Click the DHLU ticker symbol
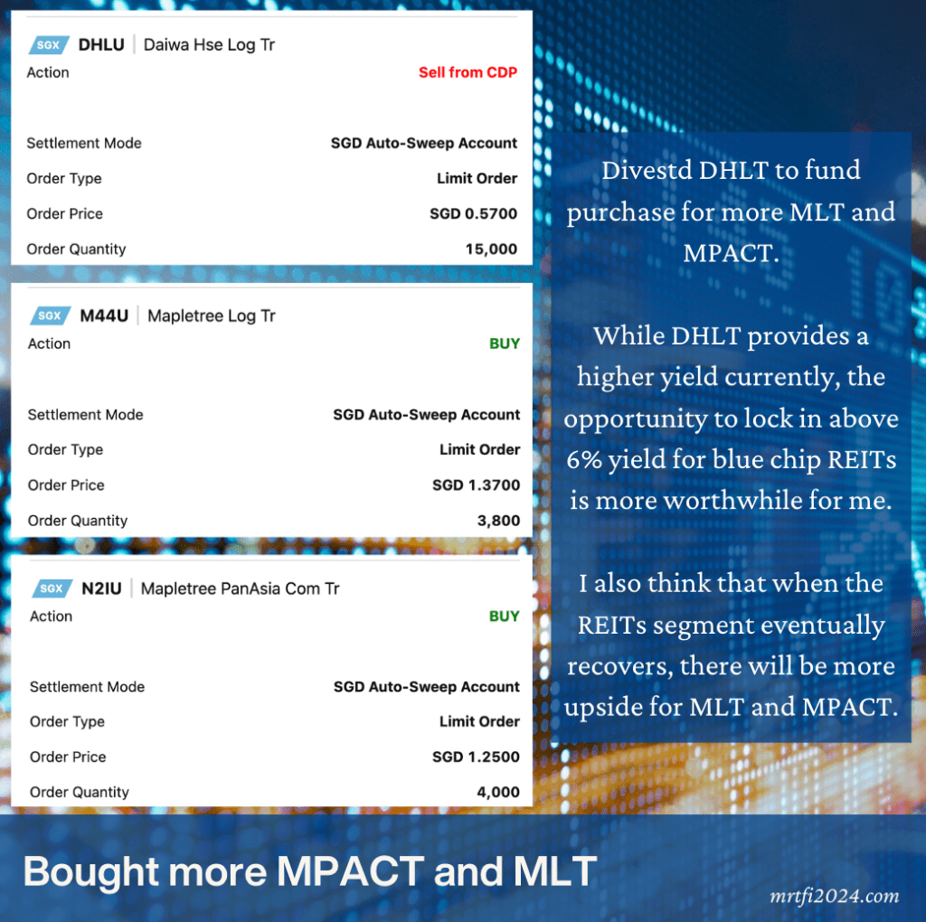tap(101, 45)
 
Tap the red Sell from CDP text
tap(468, 72)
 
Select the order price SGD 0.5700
tap(473, 213)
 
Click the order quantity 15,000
tap(491, 249)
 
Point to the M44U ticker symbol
tap(104, 315)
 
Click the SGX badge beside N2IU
tap(52, 588)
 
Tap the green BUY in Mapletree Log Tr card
tap(505, 343)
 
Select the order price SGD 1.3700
tap(476, 485)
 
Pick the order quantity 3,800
tap(498, 521)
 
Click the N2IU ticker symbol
tap(101, 588)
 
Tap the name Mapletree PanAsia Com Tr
tap(240, 588)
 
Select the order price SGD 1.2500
tap(476, 757)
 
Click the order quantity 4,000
tap(498, 792)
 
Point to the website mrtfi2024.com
tap(834, 896)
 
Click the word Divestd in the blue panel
tap(647, 170)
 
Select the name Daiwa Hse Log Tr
tap(209, 45)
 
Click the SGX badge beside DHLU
tap(49, 45)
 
